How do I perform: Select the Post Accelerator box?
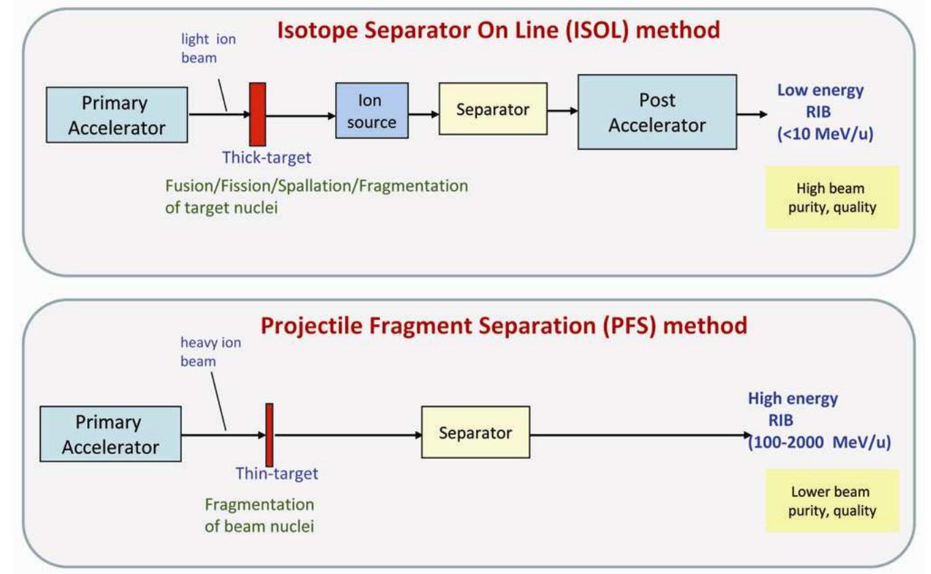coord(657,112)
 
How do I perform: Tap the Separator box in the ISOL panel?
coord(493,109)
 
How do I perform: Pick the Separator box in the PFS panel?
coord(475,432)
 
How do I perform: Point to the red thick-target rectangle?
coord(257,114)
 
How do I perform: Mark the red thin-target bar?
coord(270,434)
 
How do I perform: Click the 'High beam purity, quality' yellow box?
coord(832,197)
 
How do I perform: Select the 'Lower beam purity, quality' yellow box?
coord(832,500)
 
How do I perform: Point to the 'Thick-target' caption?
coord(266,158)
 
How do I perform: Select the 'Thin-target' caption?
coord(277,473)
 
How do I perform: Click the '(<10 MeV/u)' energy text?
coord(825,134)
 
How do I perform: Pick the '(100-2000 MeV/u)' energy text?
coord(819,443)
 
